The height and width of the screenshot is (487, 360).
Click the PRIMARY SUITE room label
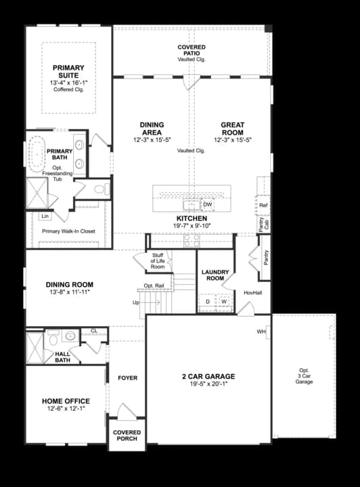68,71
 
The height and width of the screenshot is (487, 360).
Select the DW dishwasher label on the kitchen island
208,204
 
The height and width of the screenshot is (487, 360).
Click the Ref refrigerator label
264,205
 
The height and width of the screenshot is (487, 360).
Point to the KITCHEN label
192,218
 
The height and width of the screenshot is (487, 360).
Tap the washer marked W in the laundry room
223,302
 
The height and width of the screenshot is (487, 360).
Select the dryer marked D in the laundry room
208,302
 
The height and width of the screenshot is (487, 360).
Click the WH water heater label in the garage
261,332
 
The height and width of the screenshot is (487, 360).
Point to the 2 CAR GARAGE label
208,376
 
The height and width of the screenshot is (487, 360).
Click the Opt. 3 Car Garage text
304,376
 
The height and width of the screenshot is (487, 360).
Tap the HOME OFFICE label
66,401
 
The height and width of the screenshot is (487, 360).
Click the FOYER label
127,378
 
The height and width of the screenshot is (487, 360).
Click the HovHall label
253,293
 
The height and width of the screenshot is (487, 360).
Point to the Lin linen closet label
46,216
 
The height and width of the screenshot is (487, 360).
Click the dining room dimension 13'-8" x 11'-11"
70,292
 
